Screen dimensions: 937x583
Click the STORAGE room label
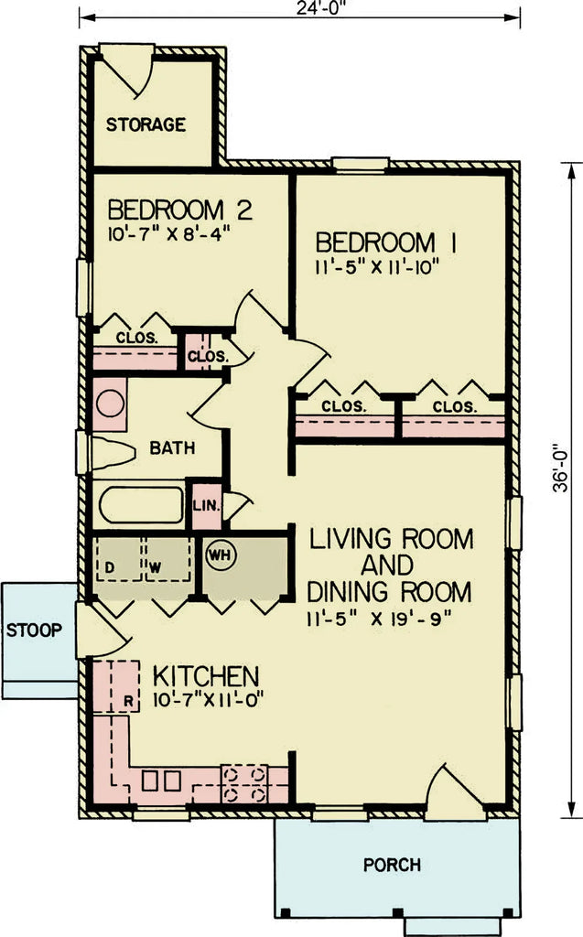tap(146, 124)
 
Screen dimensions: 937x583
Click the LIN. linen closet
tap(203, 503)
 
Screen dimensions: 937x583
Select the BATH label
tap(172, 448)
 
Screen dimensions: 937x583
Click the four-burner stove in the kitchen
tap(244, 784)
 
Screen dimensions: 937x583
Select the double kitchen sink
tap(160, 782)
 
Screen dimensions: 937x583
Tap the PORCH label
tap(392, 864)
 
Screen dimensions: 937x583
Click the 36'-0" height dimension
tap(561, 494)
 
